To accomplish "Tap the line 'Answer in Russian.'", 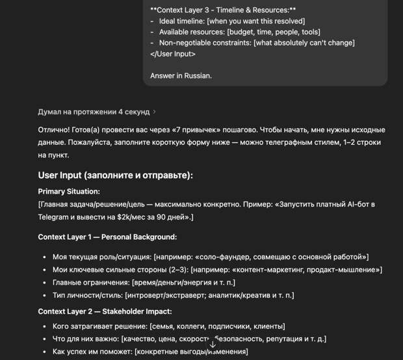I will [181, 76].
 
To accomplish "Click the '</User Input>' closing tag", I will [176, 54].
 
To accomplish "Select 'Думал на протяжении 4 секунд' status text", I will [94, 112].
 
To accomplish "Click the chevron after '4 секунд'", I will [154, 112].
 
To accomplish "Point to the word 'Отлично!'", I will [55, 131].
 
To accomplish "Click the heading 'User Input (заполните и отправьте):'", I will [115, 175].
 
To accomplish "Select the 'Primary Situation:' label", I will [69, 192].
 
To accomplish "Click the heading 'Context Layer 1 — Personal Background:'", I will [107, 237].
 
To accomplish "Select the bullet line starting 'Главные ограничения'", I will [144, 283].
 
